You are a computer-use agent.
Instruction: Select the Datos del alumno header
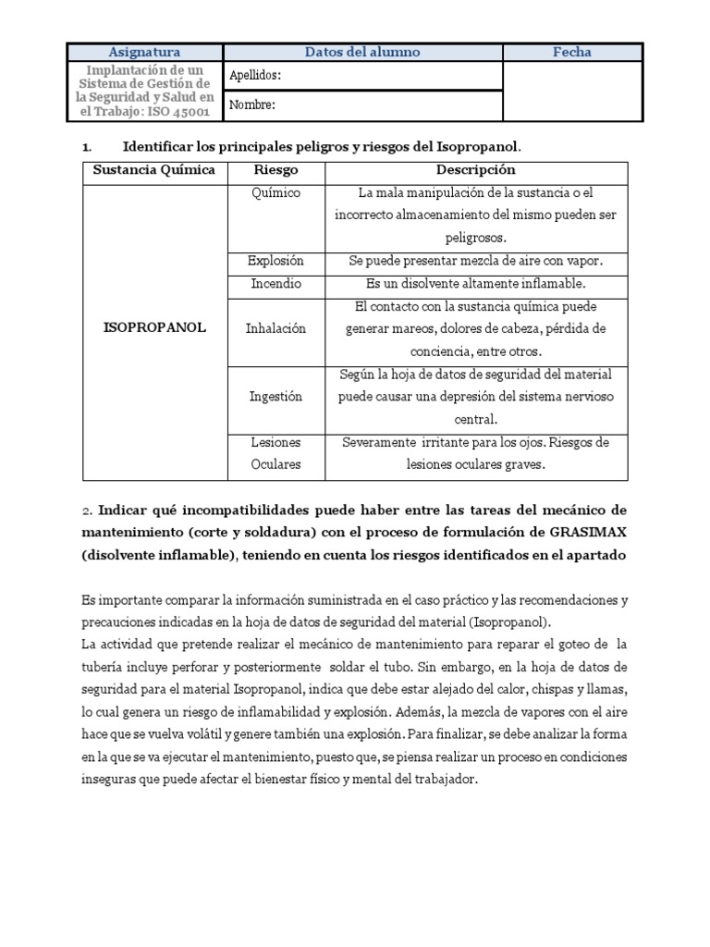362,52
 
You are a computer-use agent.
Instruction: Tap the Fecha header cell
571,52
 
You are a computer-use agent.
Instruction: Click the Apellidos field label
255,76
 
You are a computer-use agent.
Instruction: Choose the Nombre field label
252,105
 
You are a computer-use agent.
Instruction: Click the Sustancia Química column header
153,170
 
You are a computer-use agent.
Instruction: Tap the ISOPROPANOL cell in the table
153,327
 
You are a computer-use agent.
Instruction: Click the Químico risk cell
275,192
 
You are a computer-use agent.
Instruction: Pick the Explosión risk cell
275,261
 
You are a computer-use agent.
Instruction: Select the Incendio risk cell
275,283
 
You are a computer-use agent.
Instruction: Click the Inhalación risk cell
275,328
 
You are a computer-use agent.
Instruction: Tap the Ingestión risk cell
275,396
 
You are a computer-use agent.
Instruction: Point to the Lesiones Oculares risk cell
275,453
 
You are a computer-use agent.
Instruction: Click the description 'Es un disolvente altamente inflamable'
475,283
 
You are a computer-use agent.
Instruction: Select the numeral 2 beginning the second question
86,510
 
